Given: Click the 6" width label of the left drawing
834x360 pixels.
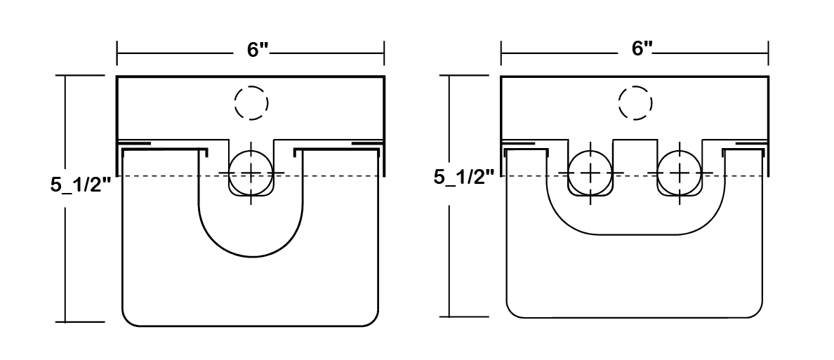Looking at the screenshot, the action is point(258,49).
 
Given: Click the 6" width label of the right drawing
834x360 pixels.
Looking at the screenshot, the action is point(642,49).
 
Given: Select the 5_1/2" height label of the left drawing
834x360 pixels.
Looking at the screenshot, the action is point(81,185).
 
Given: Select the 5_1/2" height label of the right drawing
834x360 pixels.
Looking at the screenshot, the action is point(465,177).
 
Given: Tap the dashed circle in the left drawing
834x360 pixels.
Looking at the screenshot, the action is point(251,102).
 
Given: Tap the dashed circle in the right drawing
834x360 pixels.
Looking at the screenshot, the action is point(635,102).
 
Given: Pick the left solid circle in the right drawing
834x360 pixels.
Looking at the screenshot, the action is point(590,173).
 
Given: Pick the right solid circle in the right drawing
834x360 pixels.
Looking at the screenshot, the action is point(680,173).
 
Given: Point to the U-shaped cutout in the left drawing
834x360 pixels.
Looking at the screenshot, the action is point(251,257).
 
